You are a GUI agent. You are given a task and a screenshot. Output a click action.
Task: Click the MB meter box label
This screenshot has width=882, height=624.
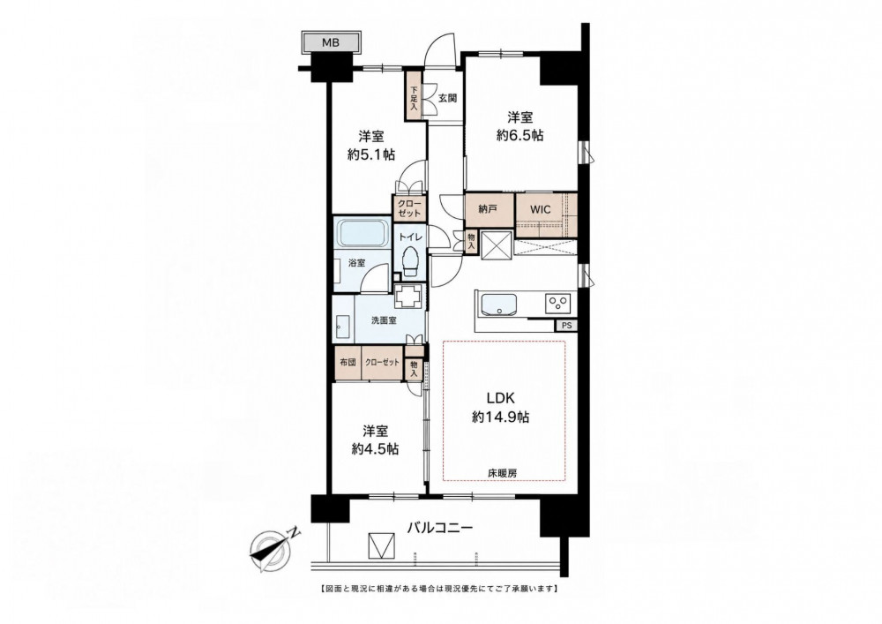(330, 42)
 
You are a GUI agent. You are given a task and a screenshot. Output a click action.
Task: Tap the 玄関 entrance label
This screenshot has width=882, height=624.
(447, 99)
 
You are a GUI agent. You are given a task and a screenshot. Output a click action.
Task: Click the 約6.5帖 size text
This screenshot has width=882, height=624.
(519, 136)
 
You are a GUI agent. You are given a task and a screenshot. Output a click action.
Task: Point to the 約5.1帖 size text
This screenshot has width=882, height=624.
(370, 154)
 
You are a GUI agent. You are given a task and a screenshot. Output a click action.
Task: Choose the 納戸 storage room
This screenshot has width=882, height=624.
(489, 210)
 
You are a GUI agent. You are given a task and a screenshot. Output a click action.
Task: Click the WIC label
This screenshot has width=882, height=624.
(541, 210)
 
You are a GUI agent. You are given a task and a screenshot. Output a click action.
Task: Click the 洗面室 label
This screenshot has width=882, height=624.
(383, 320)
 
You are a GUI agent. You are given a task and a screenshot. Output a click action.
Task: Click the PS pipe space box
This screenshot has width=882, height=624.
(565, 325)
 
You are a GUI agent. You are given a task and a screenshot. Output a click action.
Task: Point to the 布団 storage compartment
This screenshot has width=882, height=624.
(348, 363)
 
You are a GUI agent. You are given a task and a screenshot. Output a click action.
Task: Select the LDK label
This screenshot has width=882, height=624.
(501, 398)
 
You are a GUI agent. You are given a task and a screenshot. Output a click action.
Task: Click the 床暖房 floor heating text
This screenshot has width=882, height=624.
(502, 474)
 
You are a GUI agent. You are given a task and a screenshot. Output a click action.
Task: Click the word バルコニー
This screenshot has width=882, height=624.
(440, 528)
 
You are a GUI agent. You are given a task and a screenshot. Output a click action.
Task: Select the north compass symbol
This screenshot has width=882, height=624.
(273, 545)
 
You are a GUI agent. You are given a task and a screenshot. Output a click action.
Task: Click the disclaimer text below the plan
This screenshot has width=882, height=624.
(439, 589)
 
